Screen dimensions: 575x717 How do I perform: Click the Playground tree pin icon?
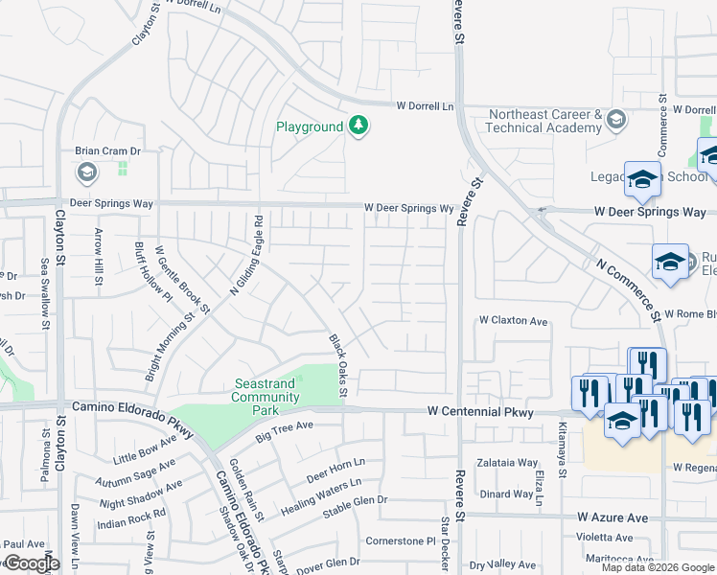click(x=358, y=126)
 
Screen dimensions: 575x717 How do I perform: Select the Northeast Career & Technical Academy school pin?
click(x=615, y=120)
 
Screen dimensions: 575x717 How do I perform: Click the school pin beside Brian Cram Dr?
click(x=86, y=172)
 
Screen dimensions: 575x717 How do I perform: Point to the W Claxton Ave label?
click(x=513, y=321)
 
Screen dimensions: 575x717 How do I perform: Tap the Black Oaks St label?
click(x=337, y=365)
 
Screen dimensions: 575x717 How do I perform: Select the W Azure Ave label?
click(x=613, y=517)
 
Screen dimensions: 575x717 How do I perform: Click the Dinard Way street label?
click(x=507, y=494)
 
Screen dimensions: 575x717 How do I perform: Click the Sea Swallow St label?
click(x=44, y=293)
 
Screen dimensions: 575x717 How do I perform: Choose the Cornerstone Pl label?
click(x=401, y=540)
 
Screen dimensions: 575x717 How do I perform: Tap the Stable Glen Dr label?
click(x=355, y=500)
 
